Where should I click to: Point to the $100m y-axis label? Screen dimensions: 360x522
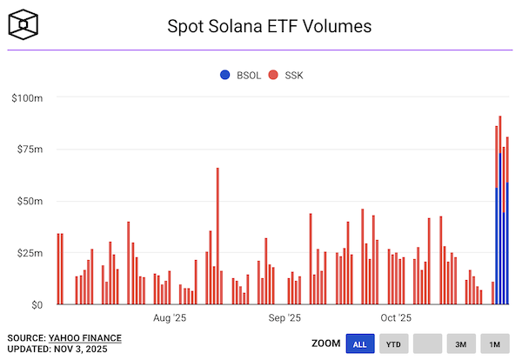(x=27, y=97)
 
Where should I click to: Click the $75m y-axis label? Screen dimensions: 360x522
(x=29, y=150)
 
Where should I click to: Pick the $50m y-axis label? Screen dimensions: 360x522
(x=29, y=201)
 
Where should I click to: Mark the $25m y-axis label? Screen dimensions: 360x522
(x=29, y=253)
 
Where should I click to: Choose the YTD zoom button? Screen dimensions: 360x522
(x=393, y=344)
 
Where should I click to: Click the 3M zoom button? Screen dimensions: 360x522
(x=461, y=344)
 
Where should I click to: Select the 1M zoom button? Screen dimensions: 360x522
(x=495, y=344)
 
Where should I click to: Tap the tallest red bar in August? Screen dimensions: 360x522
(x=217, y=235)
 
